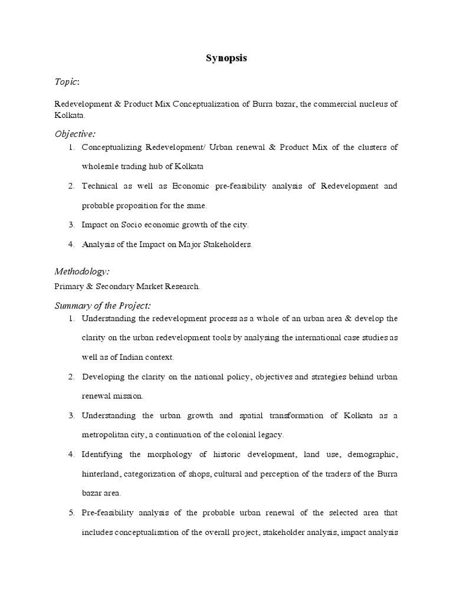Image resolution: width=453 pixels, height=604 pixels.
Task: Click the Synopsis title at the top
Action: pos(226,58)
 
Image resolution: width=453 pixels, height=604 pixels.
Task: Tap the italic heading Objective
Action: pos(74,133)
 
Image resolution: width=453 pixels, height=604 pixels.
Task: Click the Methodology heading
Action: pos(81,271)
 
